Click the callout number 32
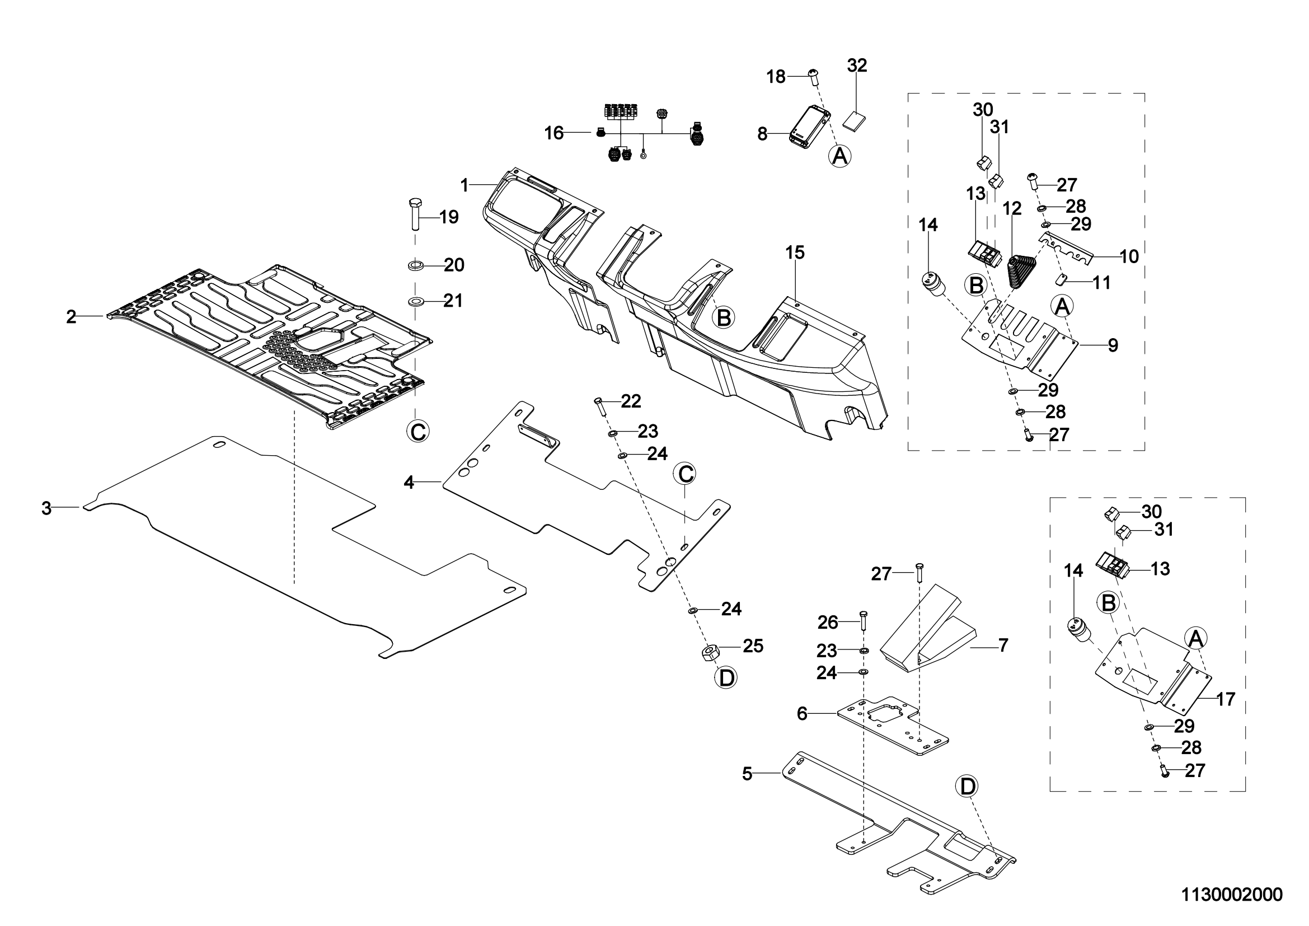pyautogui.click(x=857, y=66)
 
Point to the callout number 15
pyautogui.click(x=795, y=252)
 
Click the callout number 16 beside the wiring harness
pyautogui.click(x=554, y=133)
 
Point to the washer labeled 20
pyautogui.click(x=415, y=265)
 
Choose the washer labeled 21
pyautogui.click(x=415, y=301)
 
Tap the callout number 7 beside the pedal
pyautogui.click(x=1003, y=646)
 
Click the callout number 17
pyautogui.click(x=1226, y=699)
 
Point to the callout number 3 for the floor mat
pyautogui.click(x=47, y=508)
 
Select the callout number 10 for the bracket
pyautogui.click(x=1129, y=256)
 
